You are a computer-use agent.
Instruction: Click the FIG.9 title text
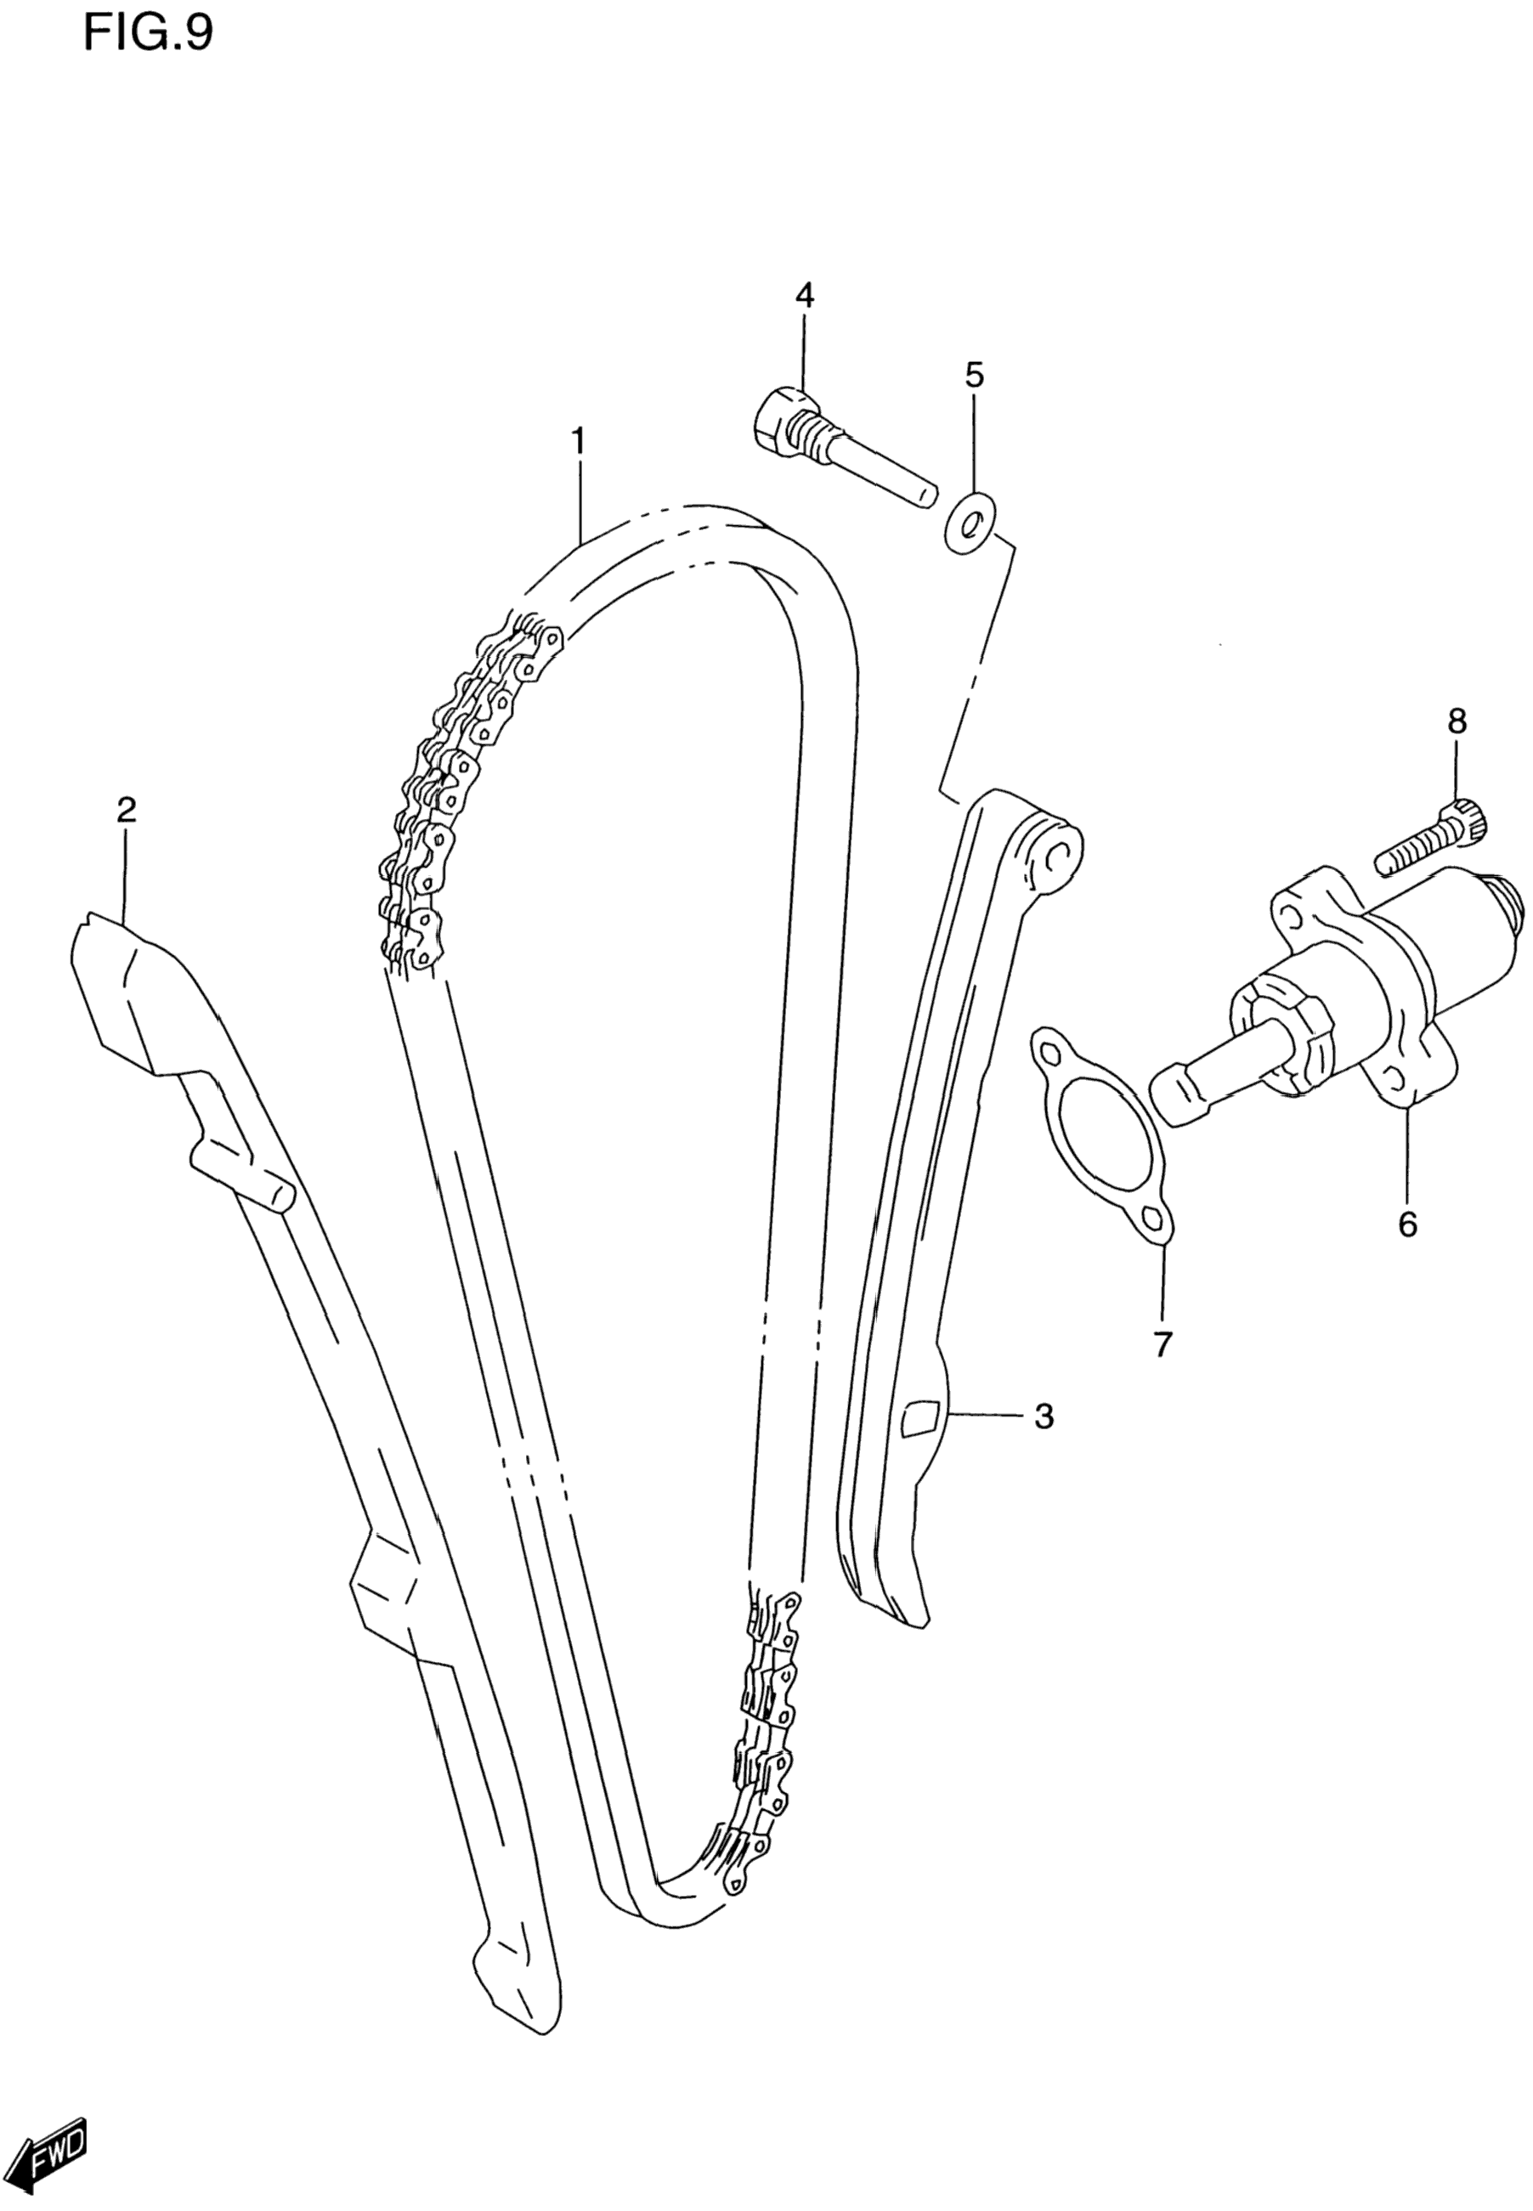coord(148,34)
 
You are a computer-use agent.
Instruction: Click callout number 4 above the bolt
coord(804,295)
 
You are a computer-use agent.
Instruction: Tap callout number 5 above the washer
coord(974,375)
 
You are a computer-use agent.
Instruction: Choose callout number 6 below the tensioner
coord(1407,1224)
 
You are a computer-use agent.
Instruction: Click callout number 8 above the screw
coord(1457,721)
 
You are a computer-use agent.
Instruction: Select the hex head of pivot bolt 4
coord(779,419)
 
